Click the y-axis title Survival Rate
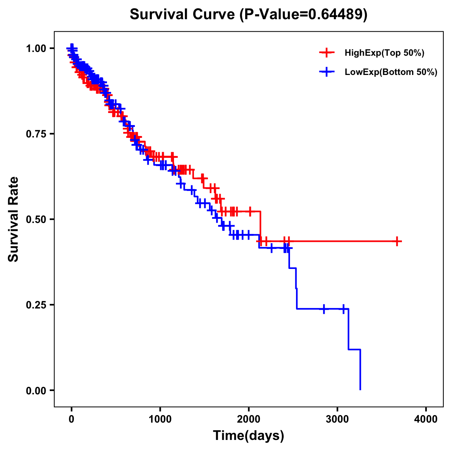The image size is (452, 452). [14, 219]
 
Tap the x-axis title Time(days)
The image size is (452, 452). [248, 435]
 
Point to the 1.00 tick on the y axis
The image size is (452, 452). [36, 48]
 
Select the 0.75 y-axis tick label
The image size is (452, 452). [36, 134]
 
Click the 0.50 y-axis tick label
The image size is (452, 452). [36, 219]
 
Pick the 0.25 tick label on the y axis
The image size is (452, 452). [36, 305]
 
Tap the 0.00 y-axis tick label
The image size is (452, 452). [36, 390]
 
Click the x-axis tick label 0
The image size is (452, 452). [72, 419]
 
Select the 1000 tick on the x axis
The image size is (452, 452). [160, 419]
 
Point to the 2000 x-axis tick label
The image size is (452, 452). [249, 419]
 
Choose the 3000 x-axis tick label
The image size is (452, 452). [337, 419]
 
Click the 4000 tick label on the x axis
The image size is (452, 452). [426, 419]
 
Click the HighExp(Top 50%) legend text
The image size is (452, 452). [384, 53]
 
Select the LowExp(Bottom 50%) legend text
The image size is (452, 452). [391, 72]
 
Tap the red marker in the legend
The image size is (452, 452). [327, 53]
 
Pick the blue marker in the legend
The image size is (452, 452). [327, 72]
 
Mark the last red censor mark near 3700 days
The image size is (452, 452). [397, 241]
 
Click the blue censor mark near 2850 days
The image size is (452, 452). [324, 309]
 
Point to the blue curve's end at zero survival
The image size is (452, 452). [360, 389]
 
